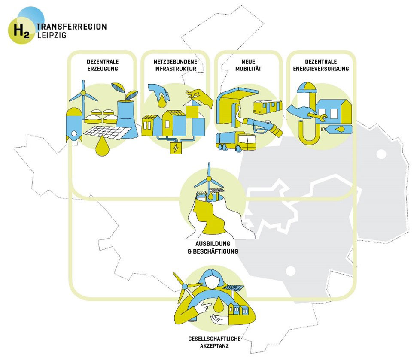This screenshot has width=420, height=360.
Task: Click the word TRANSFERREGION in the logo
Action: click(72, 27)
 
